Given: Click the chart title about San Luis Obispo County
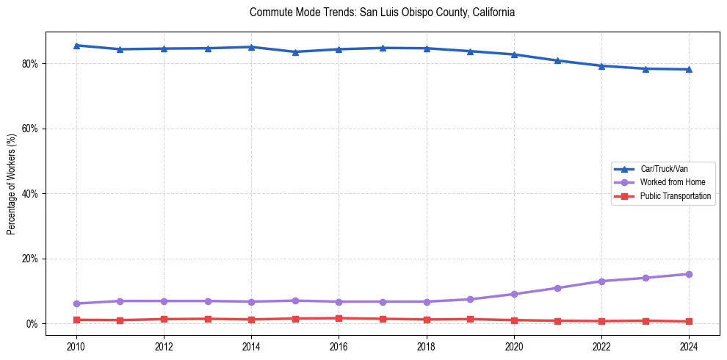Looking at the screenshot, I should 382,12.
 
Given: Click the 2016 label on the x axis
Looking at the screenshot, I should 339,345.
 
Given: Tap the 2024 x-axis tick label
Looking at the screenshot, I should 689,345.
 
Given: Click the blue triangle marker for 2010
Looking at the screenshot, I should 76,46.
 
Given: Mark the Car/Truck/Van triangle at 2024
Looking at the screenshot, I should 689,69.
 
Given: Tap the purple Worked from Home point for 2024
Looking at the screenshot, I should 689,274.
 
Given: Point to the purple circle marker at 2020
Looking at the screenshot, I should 514,294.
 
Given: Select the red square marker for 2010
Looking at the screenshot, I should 76,320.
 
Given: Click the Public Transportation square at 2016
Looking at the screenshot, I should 339,318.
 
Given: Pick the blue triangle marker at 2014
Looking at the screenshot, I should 251,47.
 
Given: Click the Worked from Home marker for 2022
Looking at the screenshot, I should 601,281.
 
